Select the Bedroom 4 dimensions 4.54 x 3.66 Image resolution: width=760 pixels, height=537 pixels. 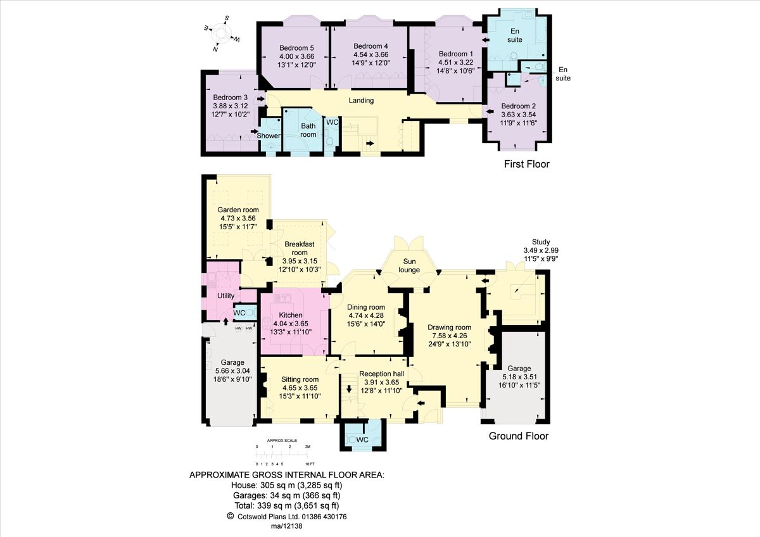click(x=370, y=54)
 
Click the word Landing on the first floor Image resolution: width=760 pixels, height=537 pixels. click(x=361, y=101)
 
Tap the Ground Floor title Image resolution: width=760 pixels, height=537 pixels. click(x=518, y=436)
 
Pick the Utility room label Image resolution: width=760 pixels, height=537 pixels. click(x=226, y=296)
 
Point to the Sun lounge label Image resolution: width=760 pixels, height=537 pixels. click(x=409, y=265)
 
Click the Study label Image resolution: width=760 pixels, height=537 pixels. click(x=540, y=242)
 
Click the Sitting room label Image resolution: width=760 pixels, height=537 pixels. click(x=300, y=379)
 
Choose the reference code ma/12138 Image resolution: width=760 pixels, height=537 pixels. click(x=287, y=526)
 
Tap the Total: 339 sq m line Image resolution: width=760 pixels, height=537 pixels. click(x=287, y=505)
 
